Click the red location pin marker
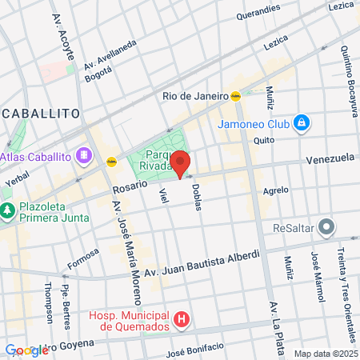(180, 162)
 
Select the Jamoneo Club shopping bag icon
(301, 122)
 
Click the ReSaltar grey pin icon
(326, 227)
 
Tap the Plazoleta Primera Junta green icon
(8, 211)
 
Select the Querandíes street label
(259, 14)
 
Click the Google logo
(26, 350)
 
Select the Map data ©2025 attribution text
(325, 354)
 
